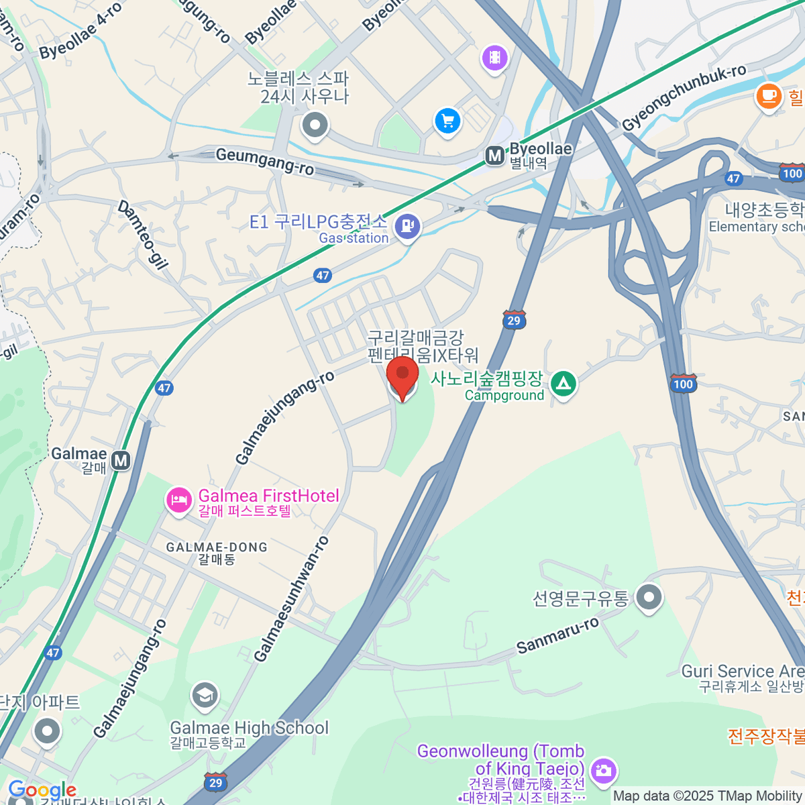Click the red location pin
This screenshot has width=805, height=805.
[402, 376]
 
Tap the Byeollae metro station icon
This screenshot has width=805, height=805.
[495, 156]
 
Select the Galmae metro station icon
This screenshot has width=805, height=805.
[121, 461]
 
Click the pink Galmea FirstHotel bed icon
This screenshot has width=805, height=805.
[179, 500]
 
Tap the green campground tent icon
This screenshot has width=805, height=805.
[563, 384]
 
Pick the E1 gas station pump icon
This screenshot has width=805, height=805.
[407, 226]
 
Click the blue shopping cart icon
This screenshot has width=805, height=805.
[447, 121]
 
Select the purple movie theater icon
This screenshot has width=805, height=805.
[494, 58]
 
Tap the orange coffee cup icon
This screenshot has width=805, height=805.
[769, 97]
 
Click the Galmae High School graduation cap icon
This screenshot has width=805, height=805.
[205, 696]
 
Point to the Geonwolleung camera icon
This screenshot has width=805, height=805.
[604, 771]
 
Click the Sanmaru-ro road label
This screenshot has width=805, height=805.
[557, 636]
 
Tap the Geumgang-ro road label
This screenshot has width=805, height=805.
[264, 162]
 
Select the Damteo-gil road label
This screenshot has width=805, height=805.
[143, 235]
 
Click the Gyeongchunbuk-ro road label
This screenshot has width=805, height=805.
[684, 99]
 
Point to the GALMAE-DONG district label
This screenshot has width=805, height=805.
[217, 547]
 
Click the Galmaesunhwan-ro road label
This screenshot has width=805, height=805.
[292, 598]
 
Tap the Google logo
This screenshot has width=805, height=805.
[42, 790]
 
